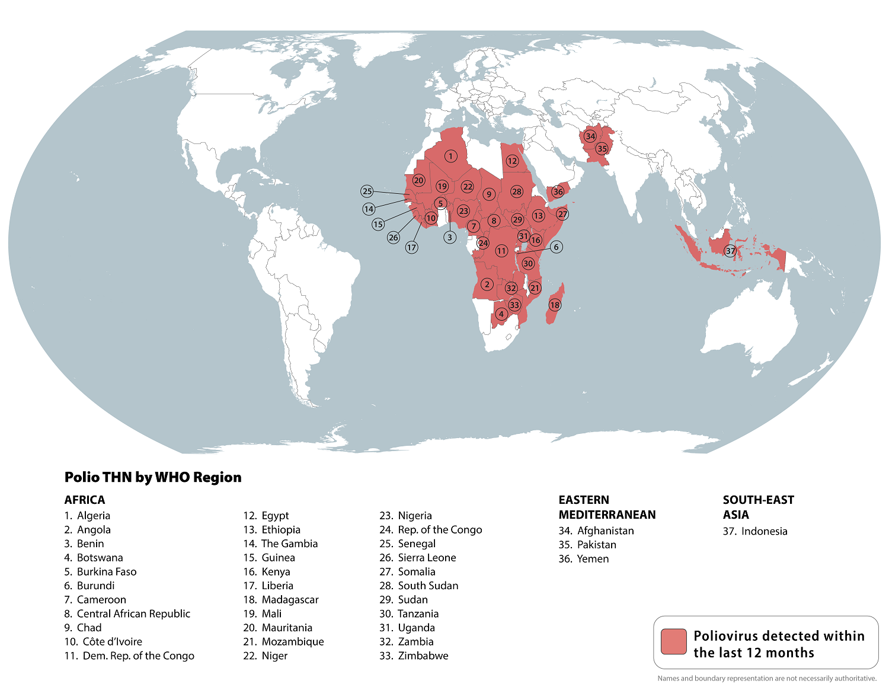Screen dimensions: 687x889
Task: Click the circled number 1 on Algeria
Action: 450,156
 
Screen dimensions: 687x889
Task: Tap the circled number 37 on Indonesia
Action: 731,251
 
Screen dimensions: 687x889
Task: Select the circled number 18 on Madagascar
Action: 555,305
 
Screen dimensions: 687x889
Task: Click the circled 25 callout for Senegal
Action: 367,191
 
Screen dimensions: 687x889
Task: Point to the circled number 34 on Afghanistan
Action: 590,136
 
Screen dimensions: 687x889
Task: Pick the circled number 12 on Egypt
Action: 512,161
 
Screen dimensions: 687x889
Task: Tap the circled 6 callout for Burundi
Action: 556,247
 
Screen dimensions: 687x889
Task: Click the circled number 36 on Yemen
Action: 558,191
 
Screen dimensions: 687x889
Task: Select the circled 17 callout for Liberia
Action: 411,247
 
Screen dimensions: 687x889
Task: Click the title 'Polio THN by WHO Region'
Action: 153,477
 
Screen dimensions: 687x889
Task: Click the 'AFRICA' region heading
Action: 85,500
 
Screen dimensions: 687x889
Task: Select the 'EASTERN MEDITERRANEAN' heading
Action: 607,507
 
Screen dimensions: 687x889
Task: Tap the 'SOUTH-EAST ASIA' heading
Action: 758,507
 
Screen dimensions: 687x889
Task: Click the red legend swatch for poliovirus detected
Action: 673,642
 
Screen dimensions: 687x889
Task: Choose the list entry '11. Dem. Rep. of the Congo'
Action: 129,656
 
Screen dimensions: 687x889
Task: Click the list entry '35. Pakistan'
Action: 587,545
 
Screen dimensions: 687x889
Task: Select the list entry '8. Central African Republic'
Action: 127,613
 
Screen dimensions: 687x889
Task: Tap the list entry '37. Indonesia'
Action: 755,531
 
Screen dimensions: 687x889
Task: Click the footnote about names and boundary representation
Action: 766,678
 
